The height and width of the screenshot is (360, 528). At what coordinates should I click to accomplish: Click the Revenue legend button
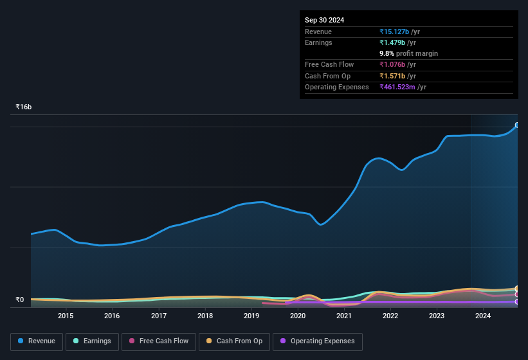[37, 341]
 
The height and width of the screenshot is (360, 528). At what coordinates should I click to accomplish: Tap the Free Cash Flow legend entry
[159, 341]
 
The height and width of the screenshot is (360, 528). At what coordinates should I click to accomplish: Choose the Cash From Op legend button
[234, 341]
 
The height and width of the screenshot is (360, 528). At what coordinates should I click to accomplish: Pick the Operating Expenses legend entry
[317, 341]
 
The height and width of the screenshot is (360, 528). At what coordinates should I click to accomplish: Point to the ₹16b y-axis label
[24, 107]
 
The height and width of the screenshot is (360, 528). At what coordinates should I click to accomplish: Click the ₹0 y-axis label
[19, 300]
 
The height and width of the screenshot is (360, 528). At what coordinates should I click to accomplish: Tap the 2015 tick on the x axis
[66, 316]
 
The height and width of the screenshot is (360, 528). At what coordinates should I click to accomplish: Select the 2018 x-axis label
[205, 316]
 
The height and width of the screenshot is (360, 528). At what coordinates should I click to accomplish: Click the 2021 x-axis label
[344, 316]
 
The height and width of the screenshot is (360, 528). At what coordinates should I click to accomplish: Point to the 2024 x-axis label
[483, 316]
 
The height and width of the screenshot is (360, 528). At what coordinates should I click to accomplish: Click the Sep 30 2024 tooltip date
[324, 20]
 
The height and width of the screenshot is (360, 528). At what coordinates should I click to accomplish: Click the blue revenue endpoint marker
[517, 125]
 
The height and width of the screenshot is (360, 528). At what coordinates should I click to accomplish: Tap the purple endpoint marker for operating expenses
[517, 301]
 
